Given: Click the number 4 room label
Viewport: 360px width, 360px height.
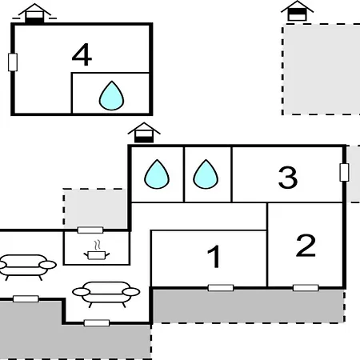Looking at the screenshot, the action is [82, 54].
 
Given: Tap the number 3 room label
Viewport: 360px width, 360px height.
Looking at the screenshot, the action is [288, 177].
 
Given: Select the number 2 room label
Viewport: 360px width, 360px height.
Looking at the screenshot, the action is [306, 246].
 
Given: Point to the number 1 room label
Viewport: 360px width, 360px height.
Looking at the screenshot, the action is [214, 256].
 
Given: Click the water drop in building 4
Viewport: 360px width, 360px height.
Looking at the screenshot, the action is [111, 96].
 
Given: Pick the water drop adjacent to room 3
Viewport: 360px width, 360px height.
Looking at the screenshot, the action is [206, 174].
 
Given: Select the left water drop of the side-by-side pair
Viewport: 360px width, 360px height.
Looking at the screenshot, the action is [157, 174].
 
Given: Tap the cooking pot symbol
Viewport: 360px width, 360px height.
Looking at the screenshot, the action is [97, 255].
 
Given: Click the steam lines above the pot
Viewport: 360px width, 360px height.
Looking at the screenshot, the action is [98, 245].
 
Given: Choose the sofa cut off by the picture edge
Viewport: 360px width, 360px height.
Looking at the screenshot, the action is [25, 267].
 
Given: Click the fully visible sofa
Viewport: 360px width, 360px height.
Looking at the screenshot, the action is [106, 294].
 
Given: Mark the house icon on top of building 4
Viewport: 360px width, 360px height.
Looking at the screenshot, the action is [34, 14].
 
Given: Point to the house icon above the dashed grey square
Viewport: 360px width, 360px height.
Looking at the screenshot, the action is [297, 10].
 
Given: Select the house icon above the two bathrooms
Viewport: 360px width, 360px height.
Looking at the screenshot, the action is [144, 133].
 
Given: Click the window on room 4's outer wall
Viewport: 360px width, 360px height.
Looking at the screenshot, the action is [13, 62].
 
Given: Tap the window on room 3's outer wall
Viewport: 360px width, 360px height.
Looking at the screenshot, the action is [344, 172].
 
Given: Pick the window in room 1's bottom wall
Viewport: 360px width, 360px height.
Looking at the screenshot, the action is [221, 288].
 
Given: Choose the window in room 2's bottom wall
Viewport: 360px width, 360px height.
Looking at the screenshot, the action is [306, 288].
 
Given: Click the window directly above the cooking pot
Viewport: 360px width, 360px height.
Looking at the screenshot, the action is [90, 230].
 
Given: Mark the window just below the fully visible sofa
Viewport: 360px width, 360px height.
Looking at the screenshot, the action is [97, 323].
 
